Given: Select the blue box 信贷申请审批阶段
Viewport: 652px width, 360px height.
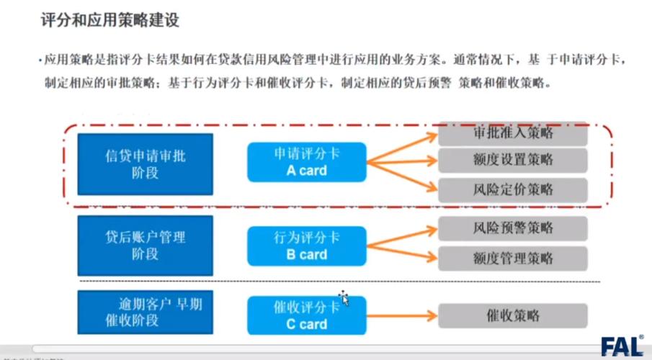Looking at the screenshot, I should (x=145, y=163).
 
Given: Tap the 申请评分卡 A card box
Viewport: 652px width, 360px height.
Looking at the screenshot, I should (x=306, y=162).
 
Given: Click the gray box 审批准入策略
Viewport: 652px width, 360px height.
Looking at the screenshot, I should (x=513, y=134).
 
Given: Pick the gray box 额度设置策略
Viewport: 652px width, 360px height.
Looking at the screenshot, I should (x=513, y=159).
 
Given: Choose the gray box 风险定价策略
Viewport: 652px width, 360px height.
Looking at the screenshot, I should (x=513, y=190).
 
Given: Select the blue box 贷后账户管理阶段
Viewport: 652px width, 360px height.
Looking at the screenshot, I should (x=145, y=245).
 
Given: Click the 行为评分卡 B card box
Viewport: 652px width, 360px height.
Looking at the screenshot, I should (x=306, y=246).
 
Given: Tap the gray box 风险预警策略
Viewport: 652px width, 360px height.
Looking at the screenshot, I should (x=513, y=228).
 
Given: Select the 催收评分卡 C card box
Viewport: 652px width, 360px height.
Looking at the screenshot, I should (x=306, y=315).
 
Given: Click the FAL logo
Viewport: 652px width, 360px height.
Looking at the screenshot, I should (x=622, y=345).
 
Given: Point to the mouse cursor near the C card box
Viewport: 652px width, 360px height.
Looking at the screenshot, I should (x=344, y=297).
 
